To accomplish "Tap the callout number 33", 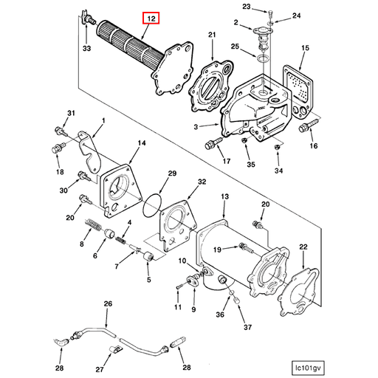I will [x=86, y=49].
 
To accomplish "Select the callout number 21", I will [x=212, y=35].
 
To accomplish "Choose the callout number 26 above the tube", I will [x=108, y=303].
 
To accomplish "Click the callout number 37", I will [x=247, y=328].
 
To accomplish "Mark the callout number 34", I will [x=278, y=171].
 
